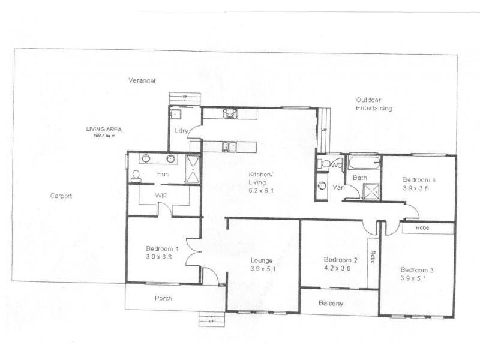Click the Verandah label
click(x=143, y=80)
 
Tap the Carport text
click(x=61, y=196)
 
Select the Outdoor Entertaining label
click(x=374, y=104)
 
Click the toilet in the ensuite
click(x=136, y=176)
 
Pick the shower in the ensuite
click(x=193, y=169)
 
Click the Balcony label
click(x=331, y=303)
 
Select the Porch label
click(x=163, y=298)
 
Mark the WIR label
click(x=161, y=196)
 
